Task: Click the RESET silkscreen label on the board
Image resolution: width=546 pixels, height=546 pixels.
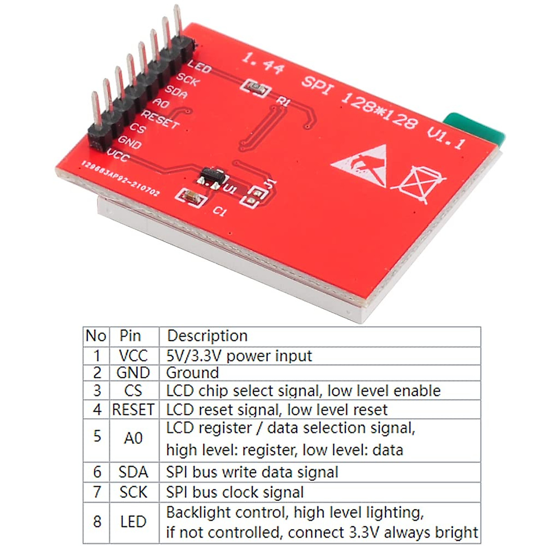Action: [x=160, y=119]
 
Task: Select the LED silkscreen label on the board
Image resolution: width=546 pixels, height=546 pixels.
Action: [x=199, y=67]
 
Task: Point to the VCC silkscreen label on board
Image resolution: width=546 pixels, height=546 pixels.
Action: [x=118, y=156]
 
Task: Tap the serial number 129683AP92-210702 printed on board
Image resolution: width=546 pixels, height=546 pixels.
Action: [x=121, y=178]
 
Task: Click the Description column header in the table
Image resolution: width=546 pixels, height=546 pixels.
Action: [x=207, y=336]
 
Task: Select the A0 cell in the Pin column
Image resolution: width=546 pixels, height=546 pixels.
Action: [x=133, y=439]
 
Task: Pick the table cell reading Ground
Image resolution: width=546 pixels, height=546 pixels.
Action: [x=192, y=373]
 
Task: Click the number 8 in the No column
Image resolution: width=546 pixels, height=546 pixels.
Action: [x=97, y=521]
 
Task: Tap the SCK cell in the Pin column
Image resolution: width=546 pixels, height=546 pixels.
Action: [x=133, y=492]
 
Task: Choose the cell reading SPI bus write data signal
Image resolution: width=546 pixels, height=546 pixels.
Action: [x=252, y=472]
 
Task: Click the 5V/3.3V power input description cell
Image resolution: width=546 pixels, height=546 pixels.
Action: [x=239, y=356]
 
